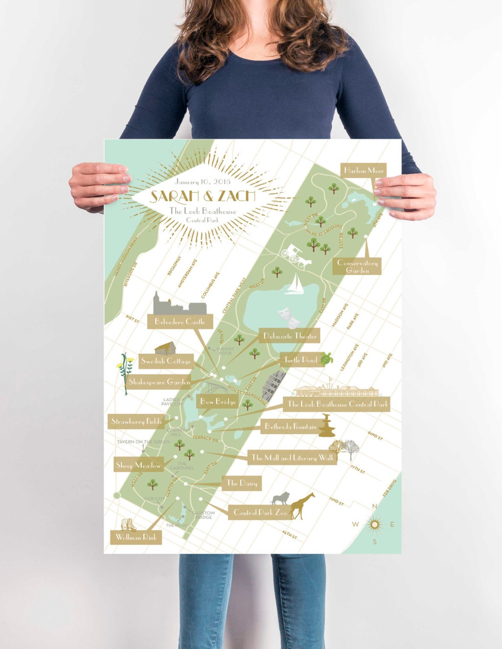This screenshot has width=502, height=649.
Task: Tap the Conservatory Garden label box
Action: pos(357,266)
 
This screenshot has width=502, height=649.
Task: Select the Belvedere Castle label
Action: pos(179,321)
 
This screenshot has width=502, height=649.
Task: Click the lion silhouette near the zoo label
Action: pos(281,499)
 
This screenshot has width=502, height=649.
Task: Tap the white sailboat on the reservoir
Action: pos(294,284)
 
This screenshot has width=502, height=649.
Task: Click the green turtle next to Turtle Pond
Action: pos(328,358)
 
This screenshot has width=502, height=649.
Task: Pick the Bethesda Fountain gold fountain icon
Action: pos(327,426)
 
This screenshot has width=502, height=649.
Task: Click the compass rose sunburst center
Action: pos(375,525)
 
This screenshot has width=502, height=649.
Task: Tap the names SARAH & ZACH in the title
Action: pos(203,196)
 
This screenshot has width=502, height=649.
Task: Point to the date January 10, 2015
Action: pos(203,182)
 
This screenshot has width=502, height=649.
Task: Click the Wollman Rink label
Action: pos(136,538)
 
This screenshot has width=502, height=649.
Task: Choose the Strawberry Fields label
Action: pos(136,421)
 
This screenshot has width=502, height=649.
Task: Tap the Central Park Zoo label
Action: pos(260,512)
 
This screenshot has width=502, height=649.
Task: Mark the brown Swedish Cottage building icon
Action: pos(165,349)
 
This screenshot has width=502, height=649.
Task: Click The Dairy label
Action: pos(242,483)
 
